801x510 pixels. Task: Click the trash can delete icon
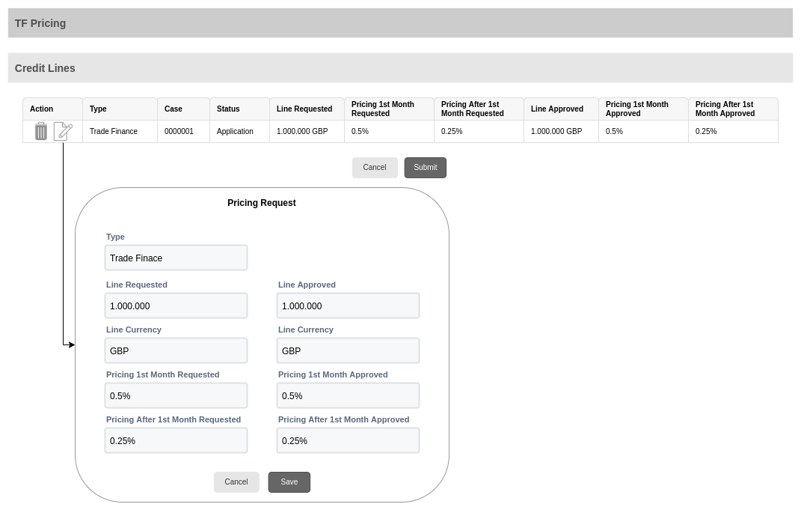(41, 131)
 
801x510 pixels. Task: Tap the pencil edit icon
(64, 131)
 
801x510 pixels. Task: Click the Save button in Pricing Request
(289, 482)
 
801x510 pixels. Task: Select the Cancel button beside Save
(236, 482)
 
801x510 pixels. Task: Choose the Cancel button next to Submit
(375, 167)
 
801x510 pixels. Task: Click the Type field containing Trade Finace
(177, 258)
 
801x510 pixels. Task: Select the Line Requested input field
(177, 306)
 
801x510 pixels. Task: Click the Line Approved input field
(348, 306)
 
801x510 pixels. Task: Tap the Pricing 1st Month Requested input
(177, 396)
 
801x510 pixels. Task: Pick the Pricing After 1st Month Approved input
(348, 441)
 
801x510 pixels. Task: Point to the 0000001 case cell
(179, 132)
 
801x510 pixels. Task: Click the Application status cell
(235, 132)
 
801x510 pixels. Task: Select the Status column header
(228, 109)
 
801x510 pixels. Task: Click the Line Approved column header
(557, 109)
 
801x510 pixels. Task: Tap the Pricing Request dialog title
(262, 203)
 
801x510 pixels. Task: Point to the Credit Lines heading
(45, 68)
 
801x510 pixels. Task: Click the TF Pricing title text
(40, 23)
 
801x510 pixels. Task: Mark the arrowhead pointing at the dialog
(72, 344)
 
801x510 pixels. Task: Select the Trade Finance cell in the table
(114, 132)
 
